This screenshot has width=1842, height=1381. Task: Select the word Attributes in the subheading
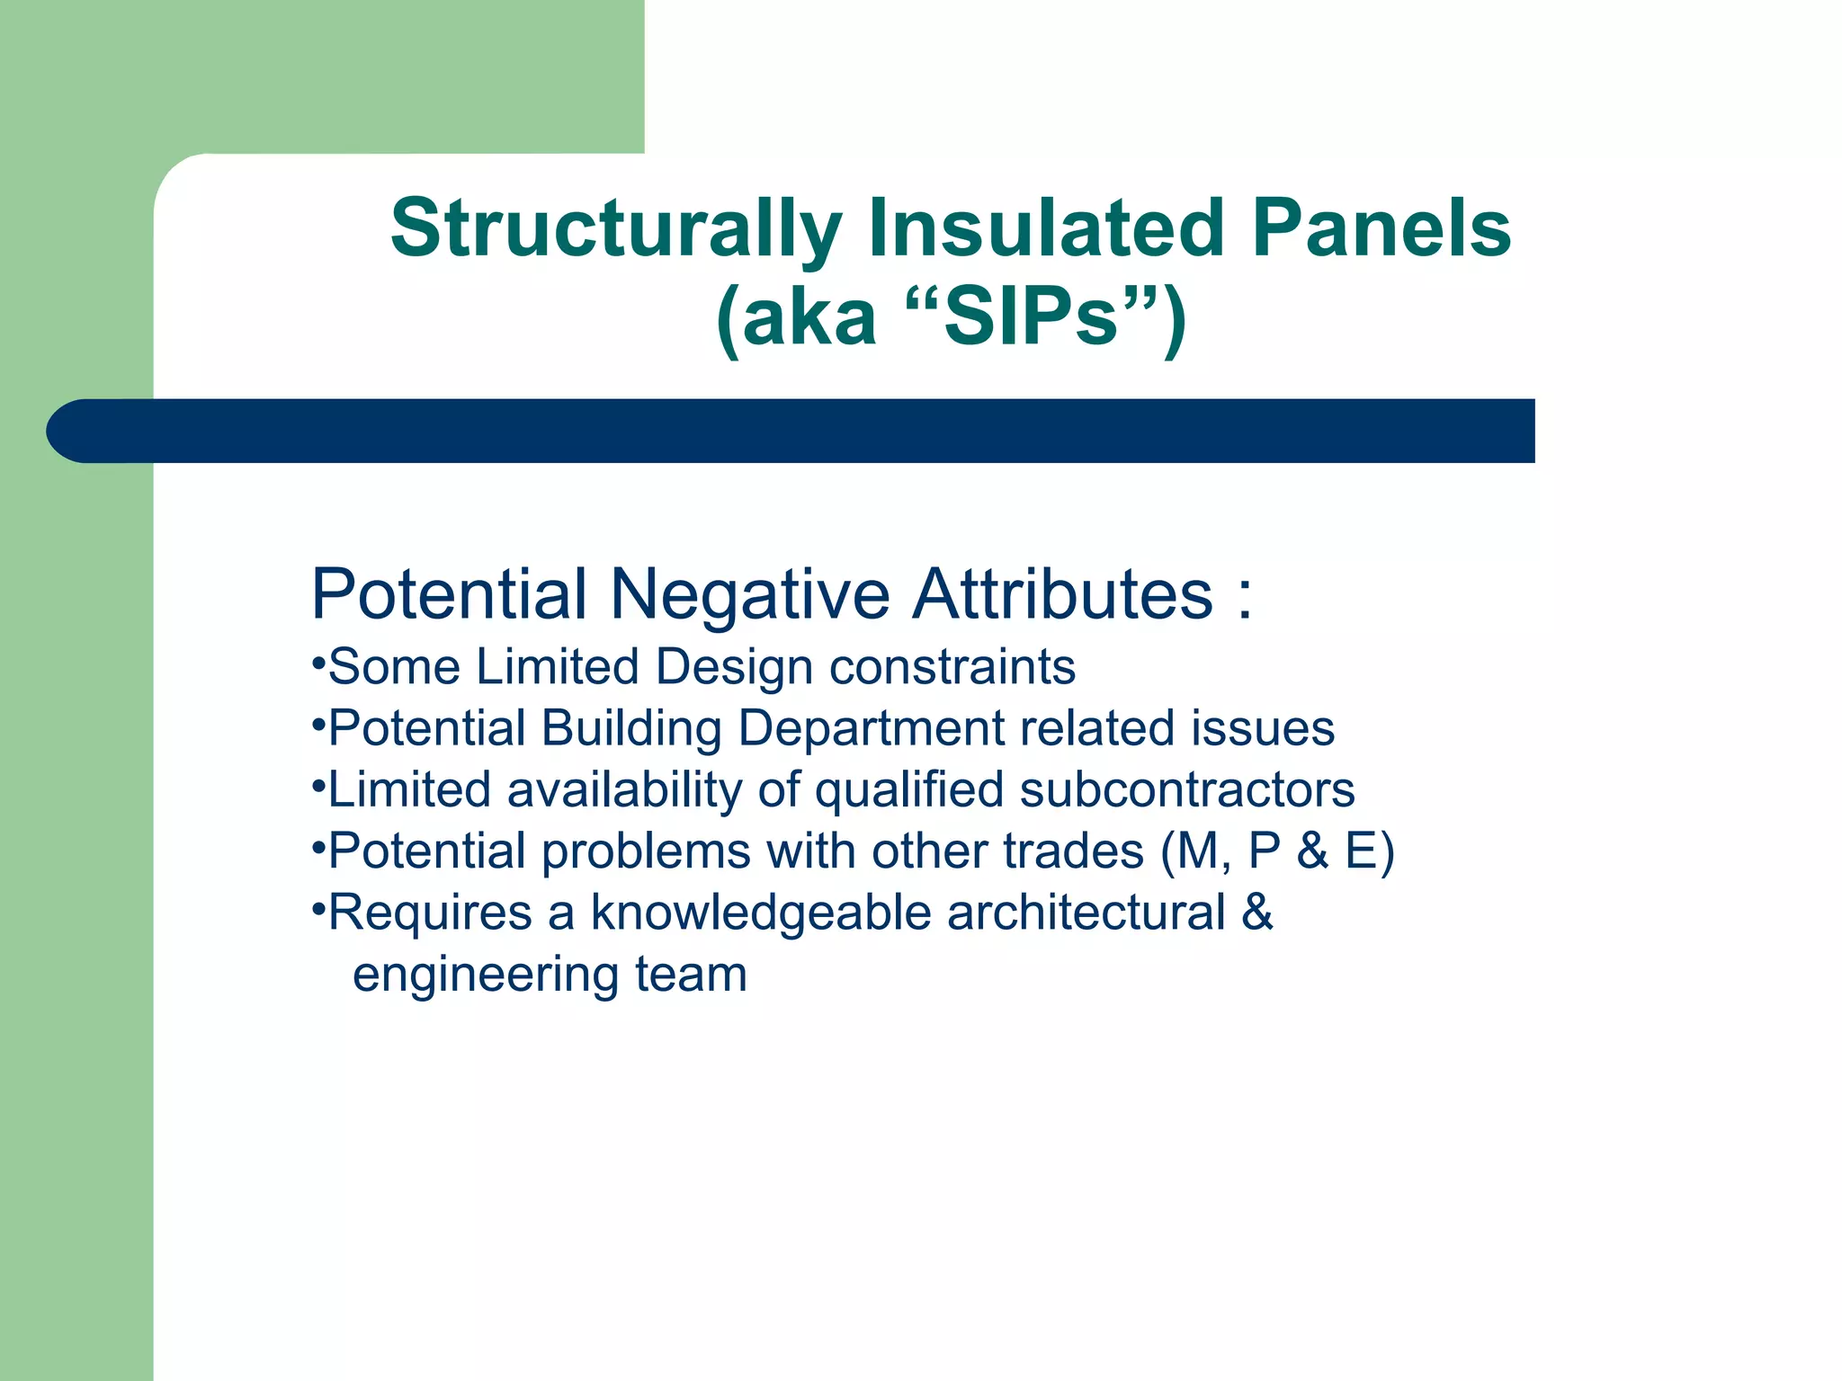(1061, 594)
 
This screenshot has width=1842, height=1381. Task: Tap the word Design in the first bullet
(733, 668)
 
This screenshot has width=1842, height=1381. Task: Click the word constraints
(952, 668)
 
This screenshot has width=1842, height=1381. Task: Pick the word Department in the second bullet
(870, 728)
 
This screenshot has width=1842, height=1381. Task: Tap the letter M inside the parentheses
(1196, 851)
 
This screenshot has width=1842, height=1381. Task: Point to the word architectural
(1086, 913)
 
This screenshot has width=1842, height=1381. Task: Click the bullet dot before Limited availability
(317, 785)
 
